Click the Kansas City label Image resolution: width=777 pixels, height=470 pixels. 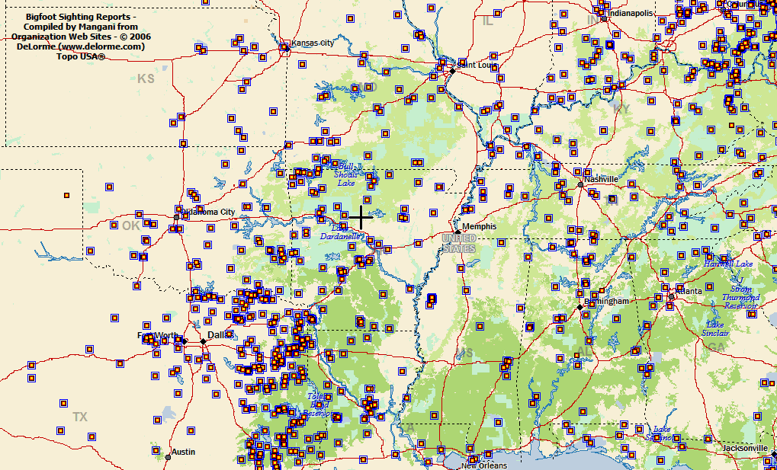coord(313,43)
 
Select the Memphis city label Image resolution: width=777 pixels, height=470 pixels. coord(479,226)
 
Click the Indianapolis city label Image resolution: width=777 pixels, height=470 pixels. coord(630,13)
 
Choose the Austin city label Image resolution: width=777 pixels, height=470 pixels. coord(183,452)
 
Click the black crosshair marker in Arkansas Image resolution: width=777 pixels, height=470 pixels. coord(361,216)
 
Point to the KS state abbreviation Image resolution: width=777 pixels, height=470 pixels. coord(146,78)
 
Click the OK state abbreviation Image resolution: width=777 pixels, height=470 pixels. coord(131,225)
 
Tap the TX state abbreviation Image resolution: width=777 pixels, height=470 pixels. coord(80,417)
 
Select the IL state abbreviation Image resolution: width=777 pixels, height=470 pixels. coord(487,21)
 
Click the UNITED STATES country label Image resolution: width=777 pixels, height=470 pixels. coord(459,244)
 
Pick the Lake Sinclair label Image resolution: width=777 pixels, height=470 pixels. coord(715,328)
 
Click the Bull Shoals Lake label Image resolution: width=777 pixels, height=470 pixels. coord(345,174)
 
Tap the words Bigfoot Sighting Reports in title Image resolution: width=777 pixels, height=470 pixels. coord(81,16)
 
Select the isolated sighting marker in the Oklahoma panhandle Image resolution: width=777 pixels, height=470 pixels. coord(66,195)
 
